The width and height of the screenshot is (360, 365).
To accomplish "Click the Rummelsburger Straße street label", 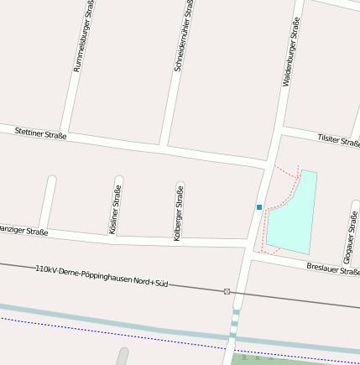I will point(83,37).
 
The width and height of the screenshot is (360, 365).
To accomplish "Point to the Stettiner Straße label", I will point(40,132).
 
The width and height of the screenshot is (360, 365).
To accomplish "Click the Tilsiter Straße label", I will point(338,140).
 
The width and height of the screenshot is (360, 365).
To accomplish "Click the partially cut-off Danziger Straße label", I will point(23,229).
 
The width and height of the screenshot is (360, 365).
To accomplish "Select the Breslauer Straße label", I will point(333,269).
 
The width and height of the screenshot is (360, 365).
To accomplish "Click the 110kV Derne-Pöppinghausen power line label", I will point(102,276).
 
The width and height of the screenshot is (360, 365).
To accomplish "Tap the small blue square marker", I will point(259,206).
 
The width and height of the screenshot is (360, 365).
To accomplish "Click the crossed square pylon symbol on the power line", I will point(227,291).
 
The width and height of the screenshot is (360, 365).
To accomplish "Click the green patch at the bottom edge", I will point(252,359).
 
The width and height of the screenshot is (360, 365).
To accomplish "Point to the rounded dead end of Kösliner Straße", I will point(118,180).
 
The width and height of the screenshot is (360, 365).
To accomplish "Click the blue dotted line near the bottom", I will point(126,334).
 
